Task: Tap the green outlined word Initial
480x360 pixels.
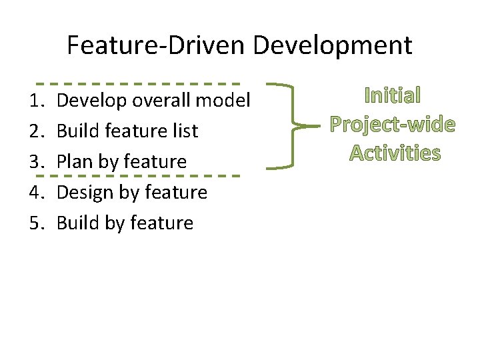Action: [x=393, y=95]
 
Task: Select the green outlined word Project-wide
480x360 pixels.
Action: [x=393, y=124]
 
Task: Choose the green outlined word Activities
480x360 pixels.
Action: [x=395, y=153]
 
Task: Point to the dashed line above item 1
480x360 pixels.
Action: [x=137, y=84]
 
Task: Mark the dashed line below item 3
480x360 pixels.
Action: [x=137, y=175]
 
